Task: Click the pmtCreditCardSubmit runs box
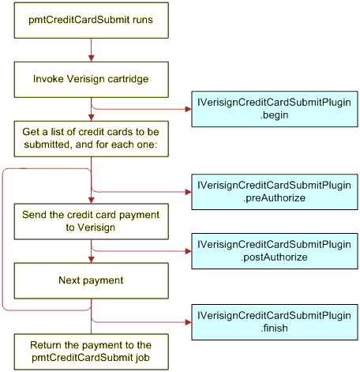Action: [x=92, y=21]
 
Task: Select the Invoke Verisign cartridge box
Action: [x=92, y=80]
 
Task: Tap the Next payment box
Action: [x=92, y=280]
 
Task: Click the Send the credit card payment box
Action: [x=92, y=221]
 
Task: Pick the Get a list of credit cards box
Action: [x=92, y=139]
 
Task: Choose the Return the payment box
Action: [x=92, y=351]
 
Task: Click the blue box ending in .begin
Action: [x=275, y=109]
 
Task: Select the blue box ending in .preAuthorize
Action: [x=275, y=192]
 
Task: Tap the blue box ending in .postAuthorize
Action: [x=275, y=251]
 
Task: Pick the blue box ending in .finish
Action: [x=275, y=322]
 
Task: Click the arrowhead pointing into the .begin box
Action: [x=189, y=109]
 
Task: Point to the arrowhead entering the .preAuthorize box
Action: [x=189, y=192]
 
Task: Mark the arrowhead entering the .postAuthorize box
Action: [x=189, y=251]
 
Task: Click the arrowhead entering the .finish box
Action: [x=189, y=322]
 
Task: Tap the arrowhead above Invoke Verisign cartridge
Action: [x=92, y=58]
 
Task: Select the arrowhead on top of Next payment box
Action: [x=92, y=260]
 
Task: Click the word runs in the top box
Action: [x=143, y=20]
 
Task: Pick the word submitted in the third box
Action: [x=48, y=145]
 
